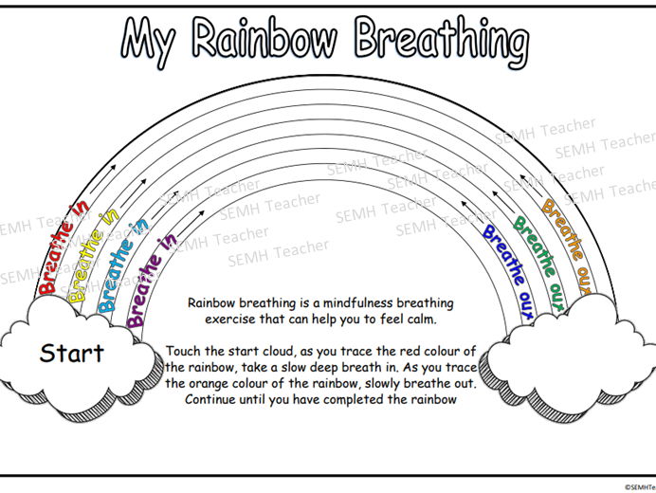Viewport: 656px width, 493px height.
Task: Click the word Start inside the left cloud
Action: point(71,355)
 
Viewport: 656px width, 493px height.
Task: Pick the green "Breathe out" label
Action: point(535,256)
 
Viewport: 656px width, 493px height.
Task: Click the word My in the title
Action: point(151,40)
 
